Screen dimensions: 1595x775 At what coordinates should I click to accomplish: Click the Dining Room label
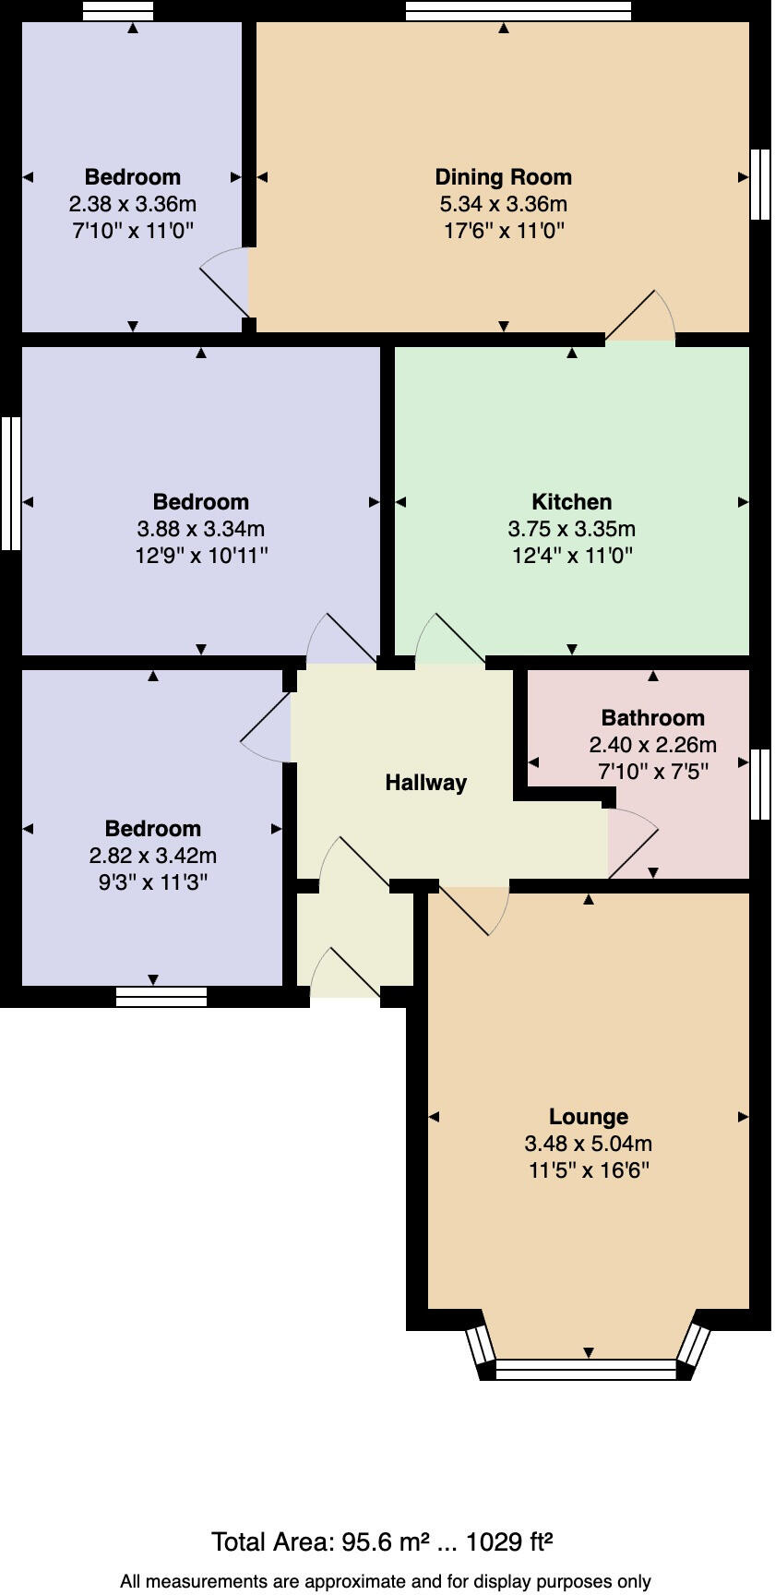click(503, 177)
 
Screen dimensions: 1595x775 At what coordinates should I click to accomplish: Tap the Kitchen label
click(571, 502)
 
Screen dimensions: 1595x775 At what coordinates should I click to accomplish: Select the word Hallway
click(425, 783)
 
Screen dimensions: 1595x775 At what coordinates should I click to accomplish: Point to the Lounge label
click(588, 1117)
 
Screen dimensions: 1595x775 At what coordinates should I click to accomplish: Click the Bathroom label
click(652, 718)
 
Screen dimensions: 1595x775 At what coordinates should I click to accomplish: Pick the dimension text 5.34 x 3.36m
click(503, 204)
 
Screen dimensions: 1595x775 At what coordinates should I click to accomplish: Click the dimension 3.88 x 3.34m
click(200, 529)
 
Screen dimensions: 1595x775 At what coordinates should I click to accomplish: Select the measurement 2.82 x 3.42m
click(153, 856)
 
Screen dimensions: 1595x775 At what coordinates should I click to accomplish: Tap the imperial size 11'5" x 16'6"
click(588, 1170)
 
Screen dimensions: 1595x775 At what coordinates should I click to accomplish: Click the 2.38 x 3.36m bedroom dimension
click(133, 204)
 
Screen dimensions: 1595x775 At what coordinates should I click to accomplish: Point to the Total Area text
click(382, 1542)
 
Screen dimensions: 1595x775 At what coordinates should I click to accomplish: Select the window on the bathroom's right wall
click(759, 784)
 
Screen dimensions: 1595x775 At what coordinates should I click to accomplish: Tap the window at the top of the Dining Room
click(518, 10)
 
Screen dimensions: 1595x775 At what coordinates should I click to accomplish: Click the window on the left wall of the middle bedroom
click(10, 483)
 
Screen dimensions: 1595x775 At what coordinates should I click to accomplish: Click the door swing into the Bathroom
click(633, 843)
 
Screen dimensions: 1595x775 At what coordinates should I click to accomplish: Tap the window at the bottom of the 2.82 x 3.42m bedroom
click(161, 997)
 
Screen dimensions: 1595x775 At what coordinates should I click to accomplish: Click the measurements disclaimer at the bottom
click(386, 1581)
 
